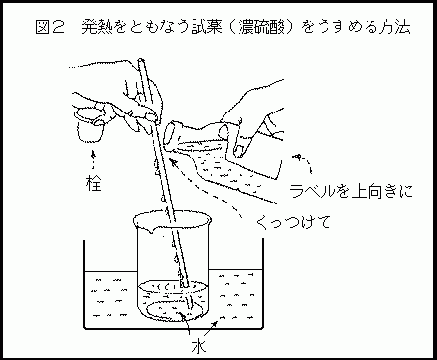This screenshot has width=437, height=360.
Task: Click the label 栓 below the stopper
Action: [x=94, y=183]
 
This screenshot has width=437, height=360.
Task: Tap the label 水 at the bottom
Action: [x=198, y=347]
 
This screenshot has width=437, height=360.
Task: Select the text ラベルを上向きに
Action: [x=351, y=191]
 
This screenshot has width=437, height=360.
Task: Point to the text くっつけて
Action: [x=294, y=223]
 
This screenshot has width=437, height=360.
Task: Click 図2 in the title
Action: [x=49, y=27]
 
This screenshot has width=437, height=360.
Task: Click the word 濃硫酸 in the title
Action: [x=261, y=27]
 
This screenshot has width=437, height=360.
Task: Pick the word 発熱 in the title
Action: [x=97, y=27]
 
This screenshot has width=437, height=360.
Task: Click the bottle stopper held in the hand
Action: [x=90, y=125]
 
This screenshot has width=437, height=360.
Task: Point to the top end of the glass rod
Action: [x=141, y=60]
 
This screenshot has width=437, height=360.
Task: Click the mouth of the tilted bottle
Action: [x=171, y=135]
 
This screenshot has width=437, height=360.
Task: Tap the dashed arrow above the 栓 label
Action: [x=94, y=160]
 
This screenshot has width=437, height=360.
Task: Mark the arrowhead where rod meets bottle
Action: [x=173, y=162]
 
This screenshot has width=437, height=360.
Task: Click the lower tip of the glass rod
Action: [x=185, y=285]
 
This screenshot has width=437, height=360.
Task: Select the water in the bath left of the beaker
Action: [x=109, y=297]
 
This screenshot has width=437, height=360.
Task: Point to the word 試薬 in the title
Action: [x=206, y=27]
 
